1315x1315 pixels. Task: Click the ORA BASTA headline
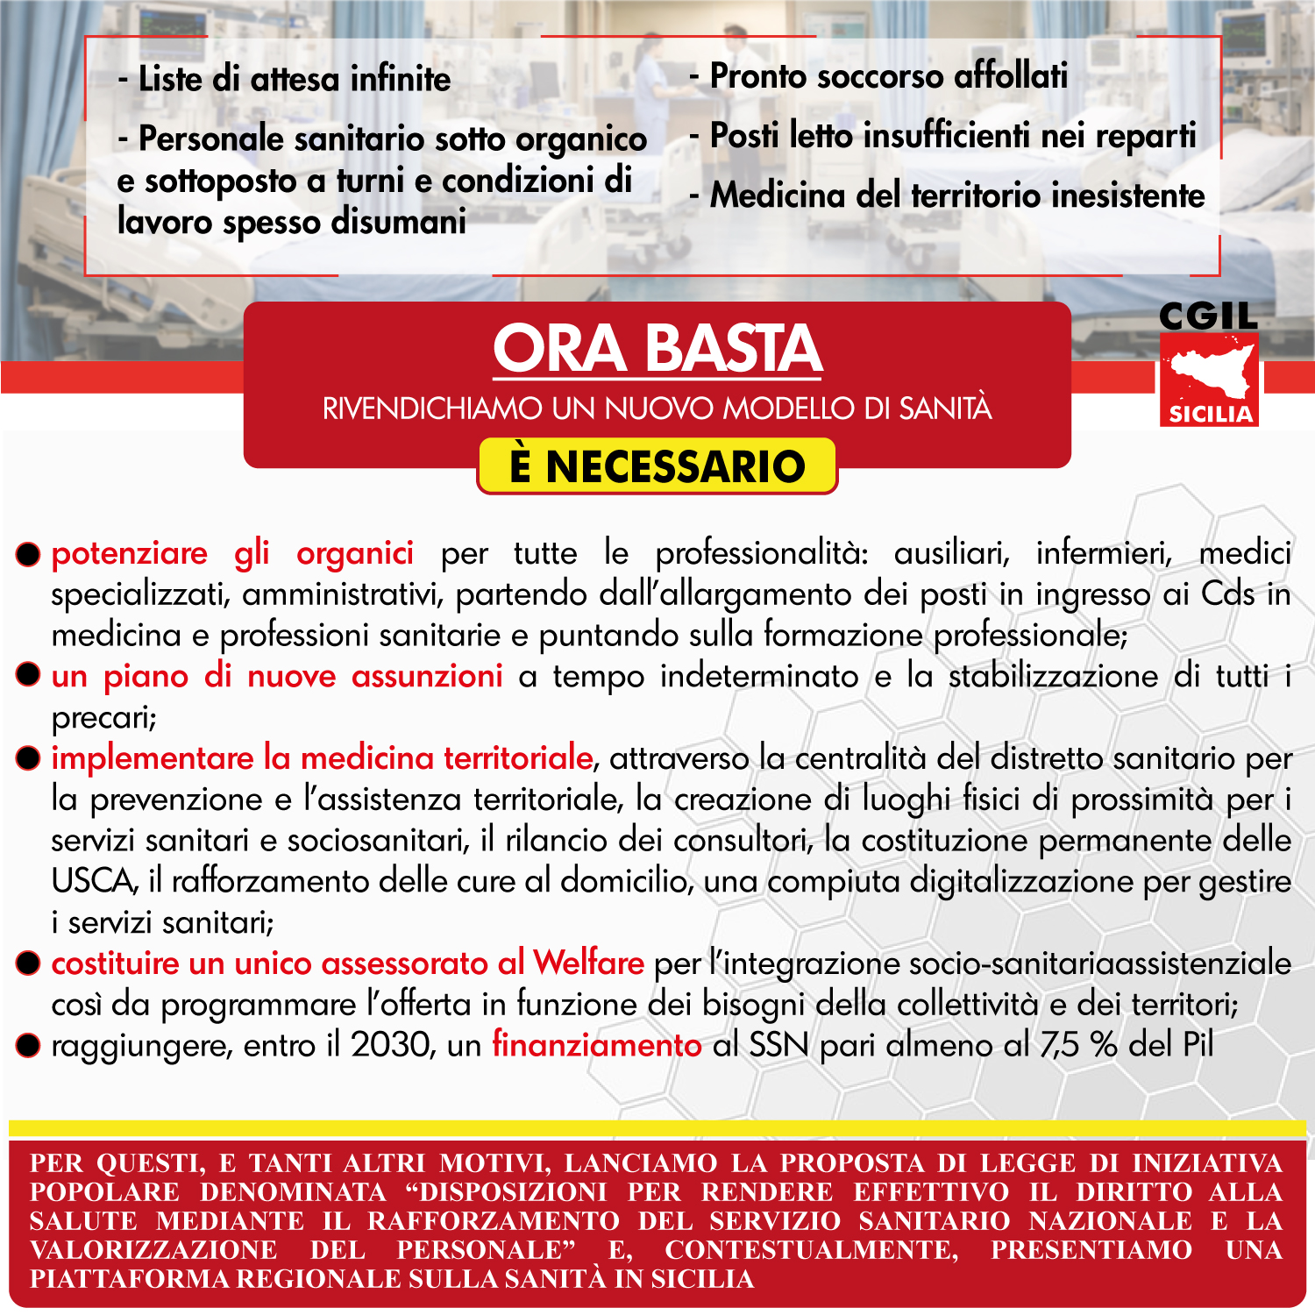[657, 349]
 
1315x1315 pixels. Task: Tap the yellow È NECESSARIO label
[657, 466]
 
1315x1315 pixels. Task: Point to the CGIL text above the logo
[1208, 316]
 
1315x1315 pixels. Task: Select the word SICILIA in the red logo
[1210, 415]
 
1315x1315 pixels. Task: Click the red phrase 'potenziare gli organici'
[232, 554]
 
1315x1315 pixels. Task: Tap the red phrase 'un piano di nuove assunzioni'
[276, 677]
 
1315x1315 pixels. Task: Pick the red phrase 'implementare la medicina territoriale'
[322, 758]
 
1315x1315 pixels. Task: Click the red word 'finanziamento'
[596, 1045]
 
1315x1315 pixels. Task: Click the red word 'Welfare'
[588, 963]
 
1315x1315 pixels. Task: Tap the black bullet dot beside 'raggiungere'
[29, 1045]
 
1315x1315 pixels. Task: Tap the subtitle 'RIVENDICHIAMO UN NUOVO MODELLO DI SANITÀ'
[657, 409]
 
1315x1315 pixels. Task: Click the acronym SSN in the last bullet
[778, 1045]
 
